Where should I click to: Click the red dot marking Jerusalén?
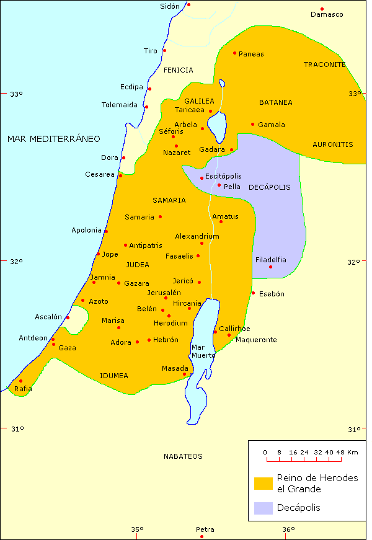coord(166,298)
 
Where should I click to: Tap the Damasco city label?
coord(327,14)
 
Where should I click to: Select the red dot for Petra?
coord(201,537)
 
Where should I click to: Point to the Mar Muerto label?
coord(203,351)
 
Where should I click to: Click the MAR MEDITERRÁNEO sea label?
coord(53,139)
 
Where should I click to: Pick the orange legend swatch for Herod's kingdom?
coord(263,483)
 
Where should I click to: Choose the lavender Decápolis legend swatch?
coord(263,508)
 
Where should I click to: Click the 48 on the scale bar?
coord(340,453)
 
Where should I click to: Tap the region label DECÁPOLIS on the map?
coord(269,187)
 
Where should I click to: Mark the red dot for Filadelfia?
coord(271,267)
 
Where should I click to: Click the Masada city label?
coord(174,368)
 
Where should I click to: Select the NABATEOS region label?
coord(183,456)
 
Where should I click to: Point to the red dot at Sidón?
coord(188,5)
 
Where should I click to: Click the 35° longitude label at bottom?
coord(137,529)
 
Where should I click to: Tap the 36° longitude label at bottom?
coord(288,529)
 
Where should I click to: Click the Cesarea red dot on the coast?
coord(120,175)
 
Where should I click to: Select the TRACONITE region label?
coord(324,64)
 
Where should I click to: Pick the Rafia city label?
coord(23,389)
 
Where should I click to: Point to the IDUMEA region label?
coord(114,376)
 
